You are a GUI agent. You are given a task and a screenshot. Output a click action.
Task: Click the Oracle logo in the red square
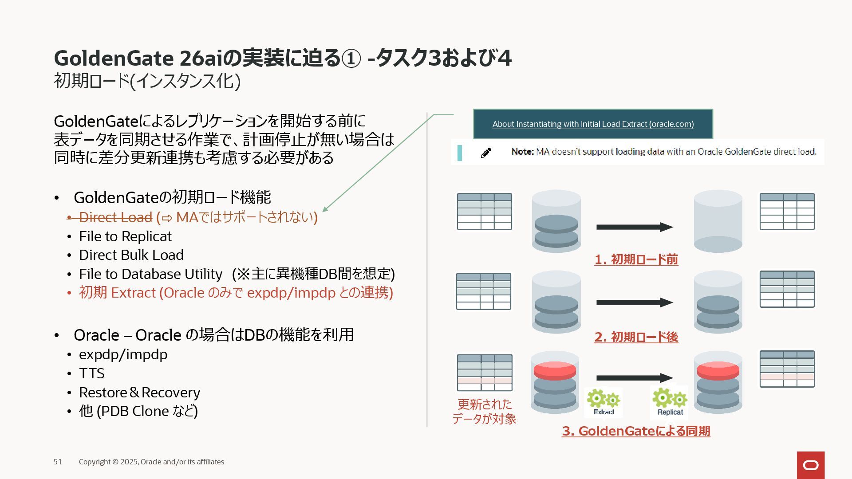pos(811,465)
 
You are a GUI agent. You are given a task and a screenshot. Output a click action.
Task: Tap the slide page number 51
pos(58,462)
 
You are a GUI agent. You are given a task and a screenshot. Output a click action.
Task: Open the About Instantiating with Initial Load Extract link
pos(593,124)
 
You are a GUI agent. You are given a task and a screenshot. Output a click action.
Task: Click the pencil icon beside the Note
pos(486,153)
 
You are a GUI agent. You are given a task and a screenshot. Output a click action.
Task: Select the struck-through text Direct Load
pos(115,217)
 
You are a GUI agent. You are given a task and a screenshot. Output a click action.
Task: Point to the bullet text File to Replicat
pos(125,236)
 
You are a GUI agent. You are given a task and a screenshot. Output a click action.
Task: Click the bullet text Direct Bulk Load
pos(131,255)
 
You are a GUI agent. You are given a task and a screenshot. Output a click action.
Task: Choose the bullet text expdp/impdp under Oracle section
pos(123,354)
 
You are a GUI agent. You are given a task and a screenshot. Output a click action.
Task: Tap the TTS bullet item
pos(92,373)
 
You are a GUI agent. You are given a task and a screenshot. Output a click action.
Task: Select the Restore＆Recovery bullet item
pos(139,393)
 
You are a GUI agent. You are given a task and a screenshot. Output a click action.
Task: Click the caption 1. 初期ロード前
pos(636,259)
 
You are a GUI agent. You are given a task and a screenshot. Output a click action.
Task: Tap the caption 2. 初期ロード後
pos(636,337)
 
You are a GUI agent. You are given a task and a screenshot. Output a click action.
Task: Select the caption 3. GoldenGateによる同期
pos(636,431)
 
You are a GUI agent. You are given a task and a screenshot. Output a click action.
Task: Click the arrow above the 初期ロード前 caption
pos(635,227)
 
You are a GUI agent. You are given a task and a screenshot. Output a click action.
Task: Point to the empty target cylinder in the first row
pos(718,222)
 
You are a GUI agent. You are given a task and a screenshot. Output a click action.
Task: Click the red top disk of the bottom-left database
pos(555,370)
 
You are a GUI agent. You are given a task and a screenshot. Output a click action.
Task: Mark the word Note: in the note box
pos(522,152)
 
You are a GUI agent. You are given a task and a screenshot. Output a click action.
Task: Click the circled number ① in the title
pos(351,59)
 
